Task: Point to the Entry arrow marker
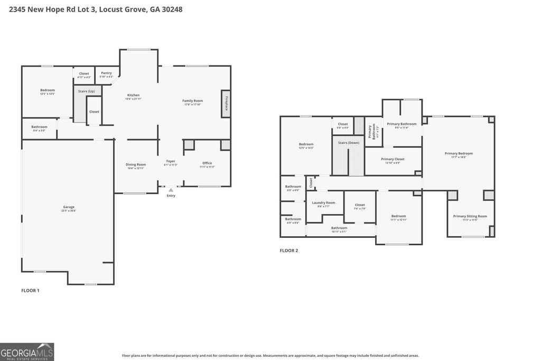[171, 190]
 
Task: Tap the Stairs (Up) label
[86, 91]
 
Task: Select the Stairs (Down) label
[348, 143]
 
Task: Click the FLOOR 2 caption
[289, 251]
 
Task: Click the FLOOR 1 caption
[30, 291]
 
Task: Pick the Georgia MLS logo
[27, 351]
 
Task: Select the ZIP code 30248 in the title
[172, 10]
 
